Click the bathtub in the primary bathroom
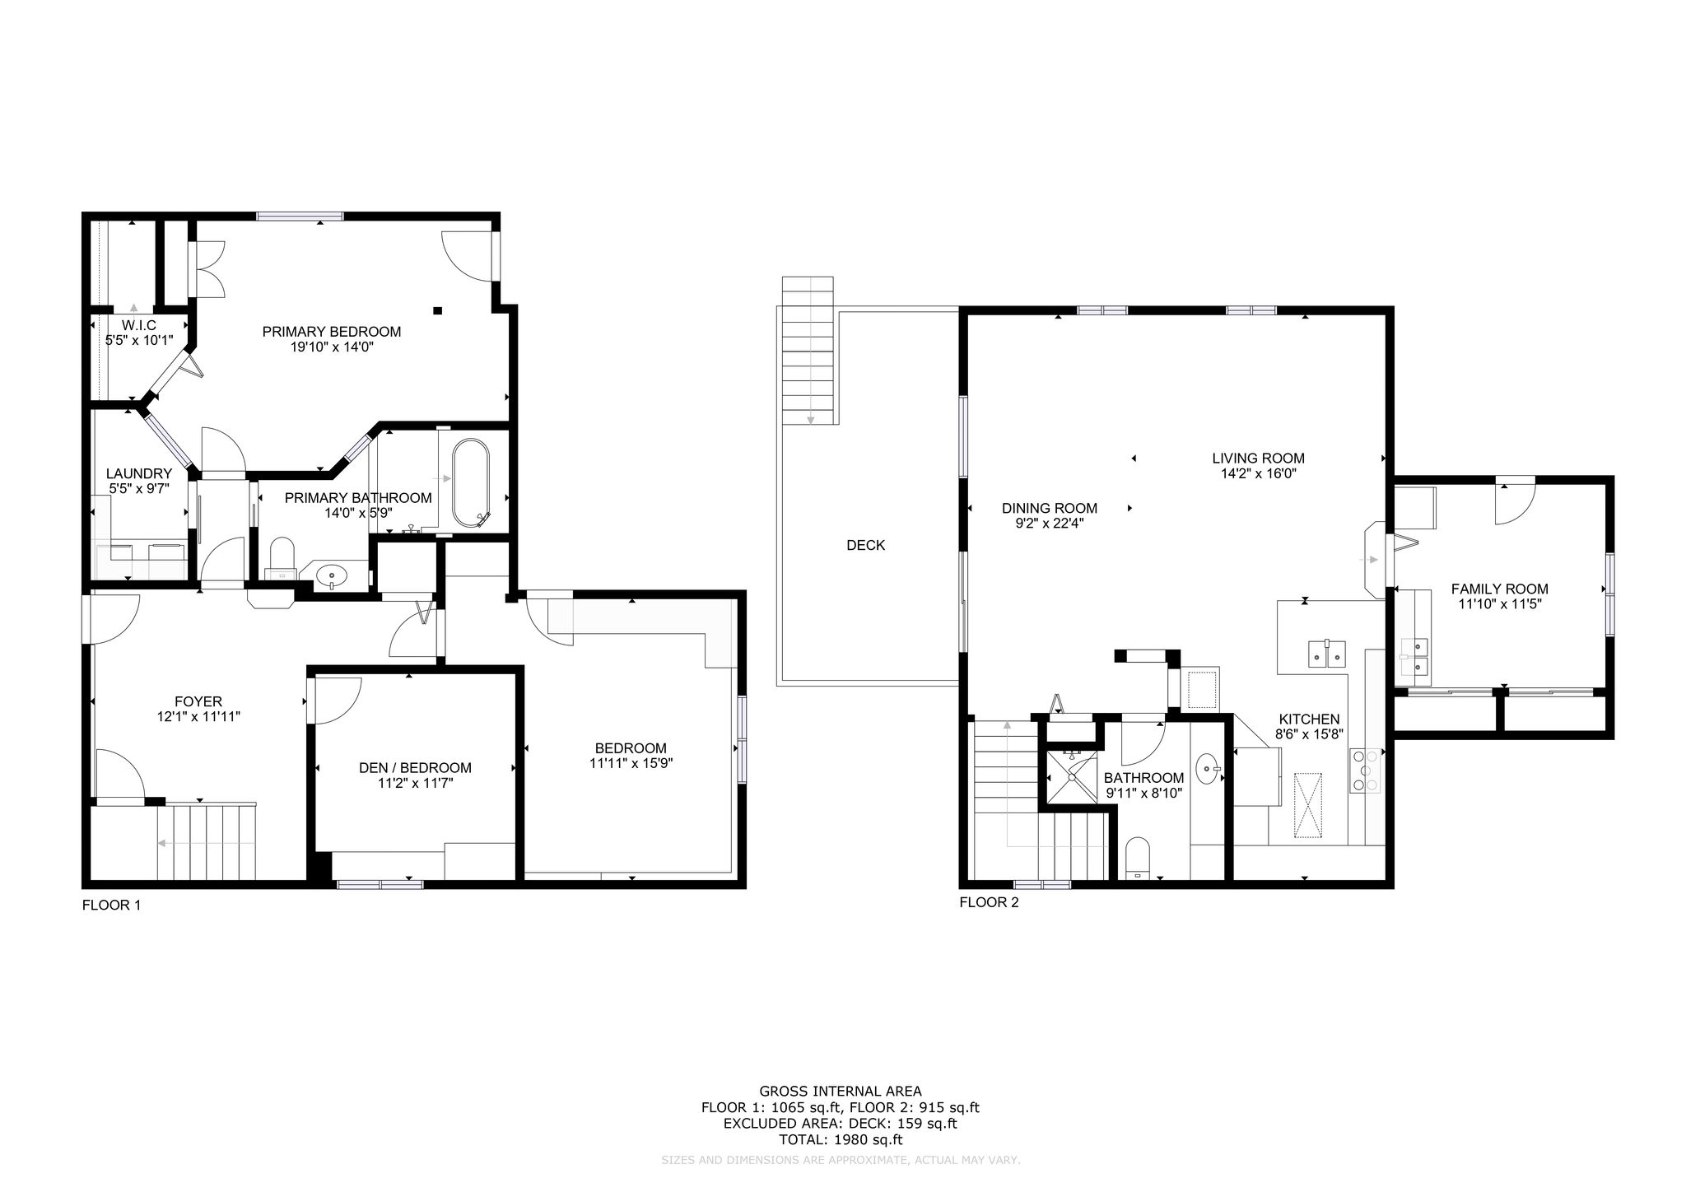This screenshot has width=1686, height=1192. pyautogui.click(x=470, y=482)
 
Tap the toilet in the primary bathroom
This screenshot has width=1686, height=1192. pyautogui.click(x=282, y=557)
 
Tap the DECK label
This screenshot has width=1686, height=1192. pyautogui.click(x=866, y=545)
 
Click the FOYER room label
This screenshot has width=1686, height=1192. pyautogui.click(x=198, y=701)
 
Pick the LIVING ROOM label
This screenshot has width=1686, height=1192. pyautogui.click(x=1258, y=459)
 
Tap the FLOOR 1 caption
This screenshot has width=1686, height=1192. pyautogui.click(x=112, y=906)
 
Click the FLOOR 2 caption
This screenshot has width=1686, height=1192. pyautogui.click(x=989, y=902)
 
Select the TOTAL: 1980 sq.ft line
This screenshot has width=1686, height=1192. pyautogui.click(x=841, y=1140)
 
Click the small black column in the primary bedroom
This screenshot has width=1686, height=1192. pyautogui.click(x=438, y=310)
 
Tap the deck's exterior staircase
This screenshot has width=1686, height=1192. pyautogui.click(x=808, y=351)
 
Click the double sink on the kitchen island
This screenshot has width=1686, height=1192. pyautogui.click(x=1326, y=653)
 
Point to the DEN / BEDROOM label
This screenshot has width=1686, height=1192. pyautogui.click(x=416, y=768)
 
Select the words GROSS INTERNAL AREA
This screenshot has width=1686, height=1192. pyautogui.click(x=841, y=1092)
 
